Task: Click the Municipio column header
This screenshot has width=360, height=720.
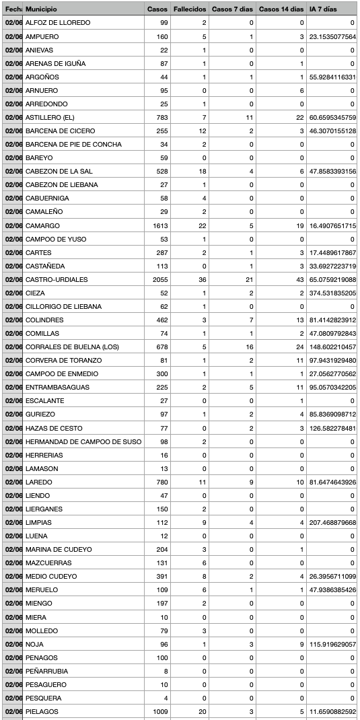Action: pos(41,9)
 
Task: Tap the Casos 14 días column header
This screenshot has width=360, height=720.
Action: pos(281,9)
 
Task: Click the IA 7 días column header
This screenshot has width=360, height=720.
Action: pos(322,9)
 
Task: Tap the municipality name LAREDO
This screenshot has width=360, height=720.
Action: pos(38,482)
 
